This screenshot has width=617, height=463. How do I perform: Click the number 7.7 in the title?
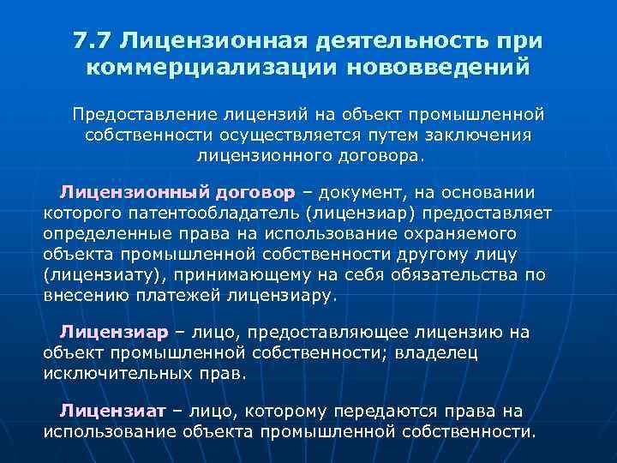tap(93, 41)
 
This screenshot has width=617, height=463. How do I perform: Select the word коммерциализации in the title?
tap(198, 66)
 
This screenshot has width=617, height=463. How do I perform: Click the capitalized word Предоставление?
tap(146, 115)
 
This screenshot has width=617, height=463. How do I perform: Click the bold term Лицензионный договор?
tap(177, 192)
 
